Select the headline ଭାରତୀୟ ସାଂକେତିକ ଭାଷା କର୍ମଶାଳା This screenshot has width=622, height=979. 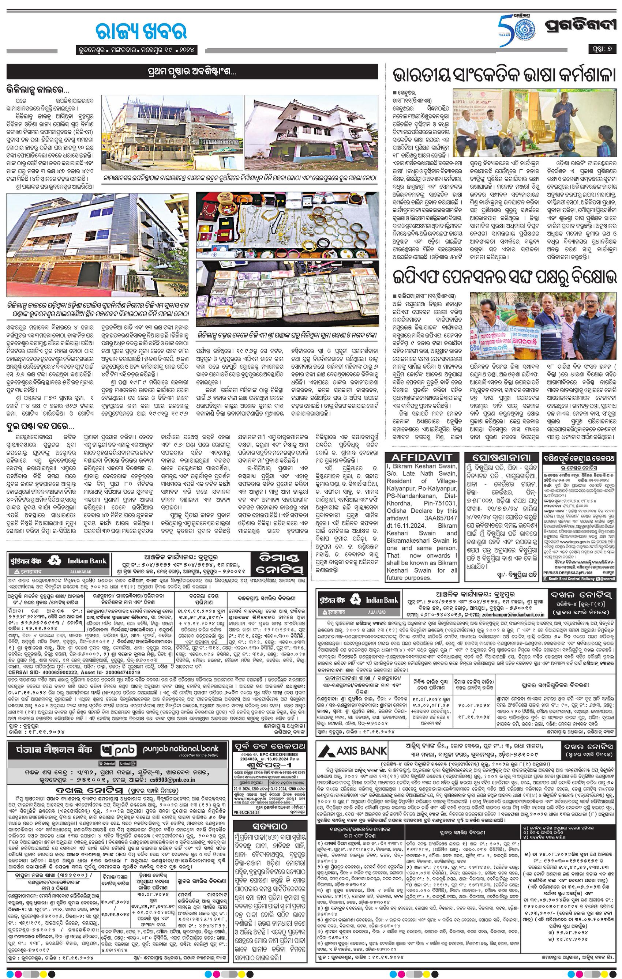pyautogui.click(x=503, y=76)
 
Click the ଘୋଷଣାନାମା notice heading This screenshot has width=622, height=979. pyautogui.click(x=501, y=457)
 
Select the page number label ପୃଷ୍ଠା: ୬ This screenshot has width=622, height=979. pyautogui.click(x=602, y=49)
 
